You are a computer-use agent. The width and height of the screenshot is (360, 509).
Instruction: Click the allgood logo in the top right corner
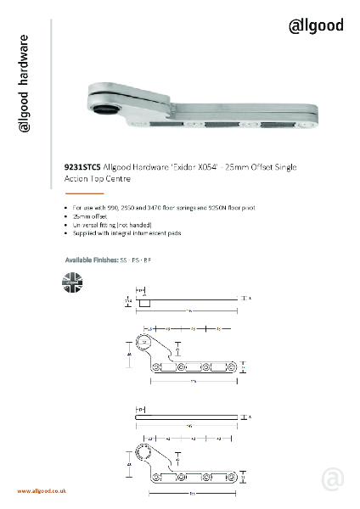pos(316,25)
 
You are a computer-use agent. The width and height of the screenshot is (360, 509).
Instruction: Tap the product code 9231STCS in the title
pos(82,170)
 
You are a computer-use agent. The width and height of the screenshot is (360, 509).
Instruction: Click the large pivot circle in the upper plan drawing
pos(144,342)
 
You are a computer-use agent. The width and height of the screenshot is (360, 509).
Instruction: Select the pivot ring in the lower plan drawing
pos(145,456)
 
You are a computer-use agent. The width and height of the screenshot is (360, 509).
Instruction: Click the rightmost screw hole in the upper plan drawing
pos(231,368)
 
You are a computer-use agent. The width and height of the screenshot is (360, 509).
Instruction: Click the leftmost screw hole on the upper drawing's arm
pos(157,368)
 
